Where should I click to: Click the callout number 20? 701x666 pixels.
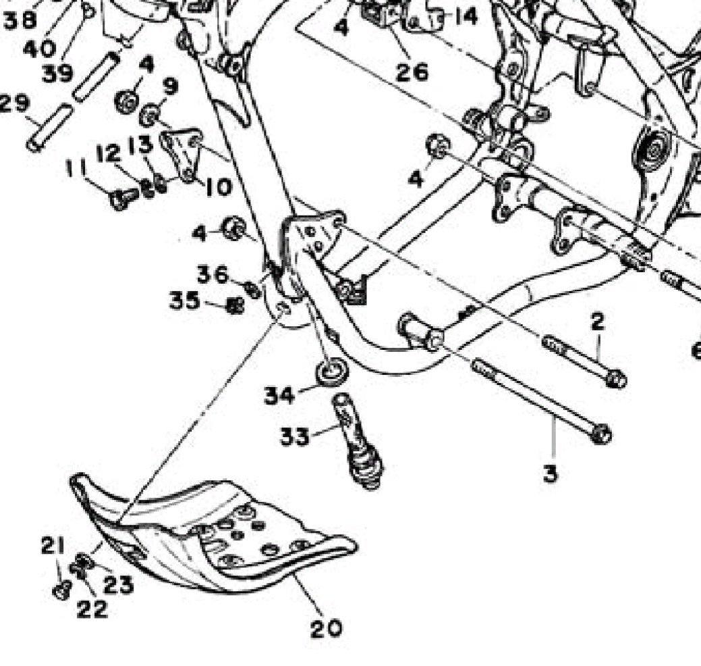326,628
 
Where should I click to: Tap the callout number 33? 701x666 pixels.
295,436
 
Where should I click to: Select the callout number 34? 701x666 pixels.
279,394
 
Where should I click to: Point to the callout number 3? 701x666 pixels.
551,473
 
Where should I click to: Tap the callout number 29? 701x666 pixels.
13,103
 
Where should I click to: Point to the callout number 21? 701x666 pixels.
53,544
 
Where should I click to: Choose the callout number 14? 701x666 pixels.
465,15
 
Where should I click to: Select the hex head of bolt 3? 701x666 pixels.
600,433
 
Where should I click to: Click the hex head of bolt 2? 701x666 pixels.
615,379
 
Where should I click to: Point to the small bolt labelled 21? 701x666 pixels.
61,590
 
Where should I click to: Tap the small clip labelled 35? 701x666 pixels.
235,307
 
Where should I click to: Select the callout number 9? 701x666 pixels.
169,87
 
